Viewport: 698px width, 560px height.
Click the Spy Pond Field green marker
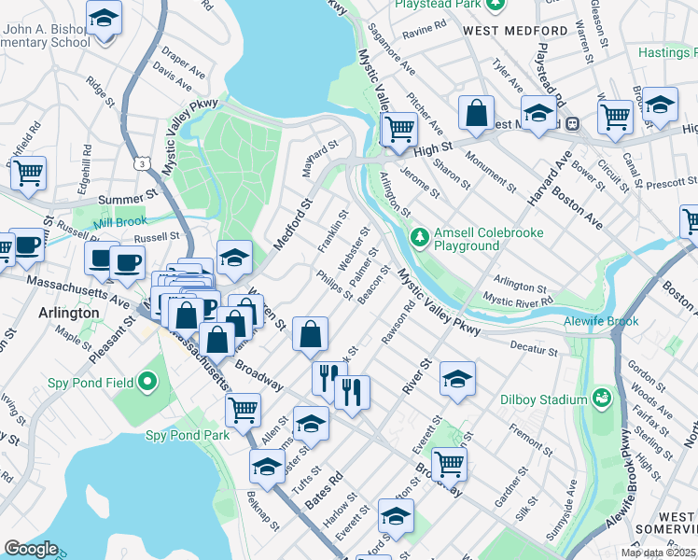click(x=147, y=381)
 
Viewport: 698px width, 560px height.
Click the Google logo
click(x=31, y=549)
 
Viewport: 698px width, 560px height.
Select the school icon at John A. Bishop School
click(x=105, y=18)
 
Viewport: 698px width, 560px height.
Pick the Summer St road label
click(x=136, y=198)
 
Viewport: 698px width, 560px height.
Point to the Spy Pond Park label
click(x=188, y=435)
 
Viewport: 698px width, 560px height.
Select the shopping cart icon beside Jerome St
click(x=399, y=128)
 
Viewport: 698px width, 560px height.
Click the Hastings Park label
click(x=667, y=53)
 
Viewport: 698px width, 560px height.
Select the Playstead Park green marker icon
click(x=497, y=5)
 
